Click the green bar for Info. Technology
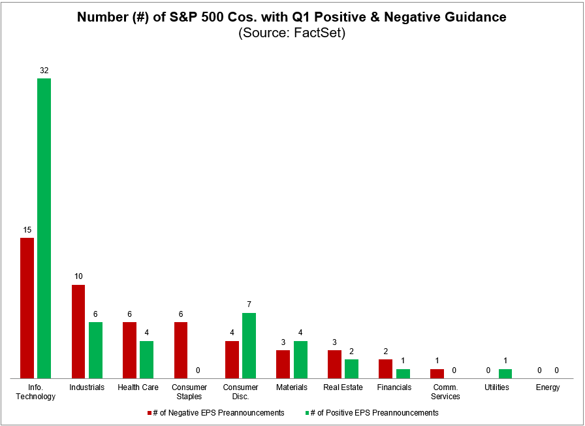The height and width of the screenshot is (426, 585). click(x=44, y=228)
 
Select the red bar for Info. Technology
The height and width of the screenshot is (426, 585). click(x=27, y=308)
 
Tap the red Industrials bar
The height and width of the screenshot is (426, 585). click(x=78, y=331)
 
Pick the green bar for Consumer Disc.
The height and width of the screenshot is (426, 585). click(x=249, y=345)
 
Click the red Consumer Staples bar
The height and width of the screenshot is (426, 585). click(x=180, y=350)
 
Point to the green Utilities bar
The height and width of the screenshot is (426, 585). click(x=505, y=374)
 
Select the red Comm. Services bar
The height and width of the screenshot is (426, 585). click(x=437, y=374)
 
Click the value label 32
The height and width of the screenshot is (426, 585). click(x=44, y=70)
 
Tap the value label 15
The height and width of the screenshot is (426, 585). click(x=27, y=229)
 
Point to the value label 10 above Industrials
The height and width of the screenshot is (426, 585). click(x=78, y=276)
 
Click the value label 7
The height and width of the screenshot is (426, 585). click(x=249, y=304)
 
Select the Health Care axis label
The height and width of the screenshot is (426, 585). click(x=138, y=387)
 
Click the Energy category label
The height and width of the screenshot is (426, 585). click(x=548, y=387)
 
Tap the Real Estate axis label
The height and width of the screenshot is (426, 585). click(x=343, y=387)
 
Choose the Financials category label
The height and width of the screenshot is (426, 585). click(x=394, y=387)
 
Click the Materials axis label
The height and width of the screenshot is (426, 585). click(x=292, y=387)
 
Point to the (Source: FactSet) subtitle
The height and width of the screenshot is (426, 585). click(x=292, y=33)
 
